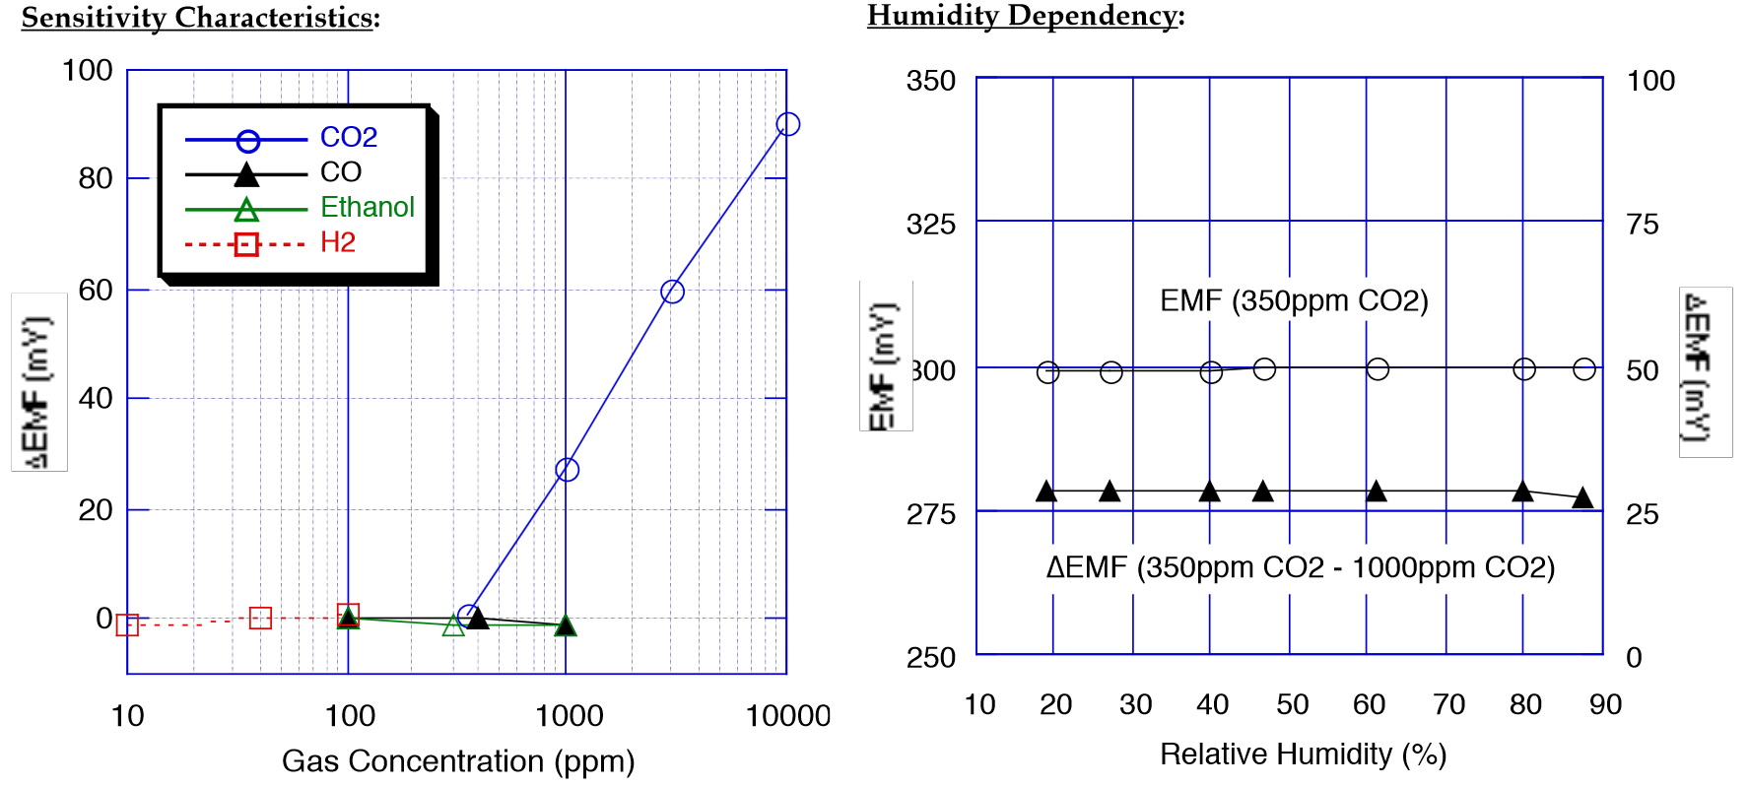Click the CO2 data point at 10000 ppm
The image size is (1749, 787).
point(787,124)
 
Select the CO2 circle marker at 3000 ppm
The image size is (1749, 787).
point(672,292)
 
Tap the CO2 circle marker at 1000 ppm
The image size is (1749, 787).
point(567,470)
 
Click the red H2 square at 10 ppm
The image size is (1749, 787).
point(127,624)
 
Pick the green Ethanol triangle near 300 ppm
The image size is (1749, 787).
point(453,625)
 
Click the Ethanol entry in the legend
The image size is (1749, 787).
point(367,207)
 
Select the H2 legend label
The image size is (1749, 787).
point(337,242)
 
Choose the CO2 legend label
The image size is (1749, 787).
point(349,137)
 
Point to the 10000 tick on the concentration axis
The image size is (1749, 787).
point(787,716)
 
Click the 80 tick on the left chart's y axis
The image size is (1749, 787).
point(96,178)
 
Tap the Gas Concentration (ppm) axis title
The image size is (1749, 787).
point(458,761)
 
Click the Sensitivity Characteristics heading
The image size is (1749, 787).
point(200,18)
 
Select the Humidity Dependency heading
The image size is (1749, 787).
point(1025,16)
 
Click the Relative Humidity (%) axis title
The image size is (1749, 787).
point(1303,754)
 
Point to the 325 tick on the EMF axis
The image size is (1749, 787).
point(931,225)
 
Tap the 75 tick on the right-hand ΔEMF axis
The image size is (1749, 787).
point(1643,225)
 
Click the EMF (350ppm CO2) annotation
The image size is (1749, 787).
point(1294,300)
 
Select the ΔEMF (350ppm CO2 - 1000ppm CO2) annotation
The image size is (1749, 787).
point(1301,567)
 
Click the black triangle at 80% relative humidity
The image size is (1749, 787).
point(1522,491)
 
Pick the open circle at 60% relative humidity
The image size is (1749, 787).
point(1378,368)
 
